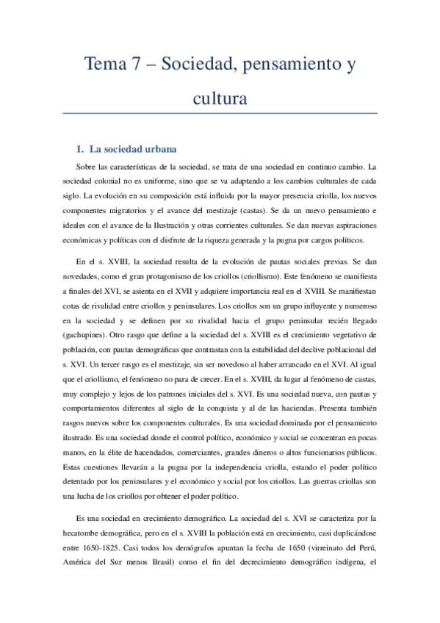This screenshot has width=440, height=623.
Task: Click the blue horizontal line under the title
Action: tap(220, 113)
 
